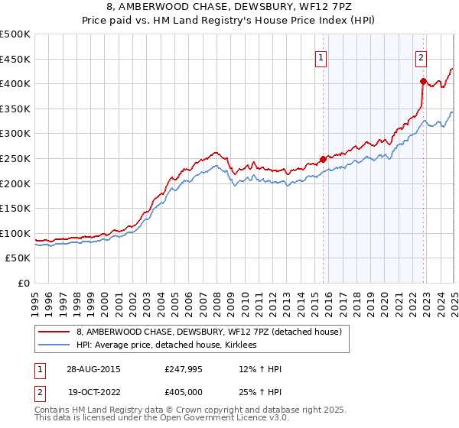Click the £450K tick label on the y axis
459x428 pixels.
[15, 59]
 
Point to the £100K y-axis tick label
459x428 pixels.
[15, 233]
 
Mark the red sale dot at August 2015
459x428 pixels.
[323, 159]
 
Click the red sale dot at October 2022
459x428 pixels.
[423, 80]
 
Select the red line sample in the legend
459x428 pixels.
[54, 331]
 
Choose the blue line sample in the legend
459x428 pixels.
[54, 345]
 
